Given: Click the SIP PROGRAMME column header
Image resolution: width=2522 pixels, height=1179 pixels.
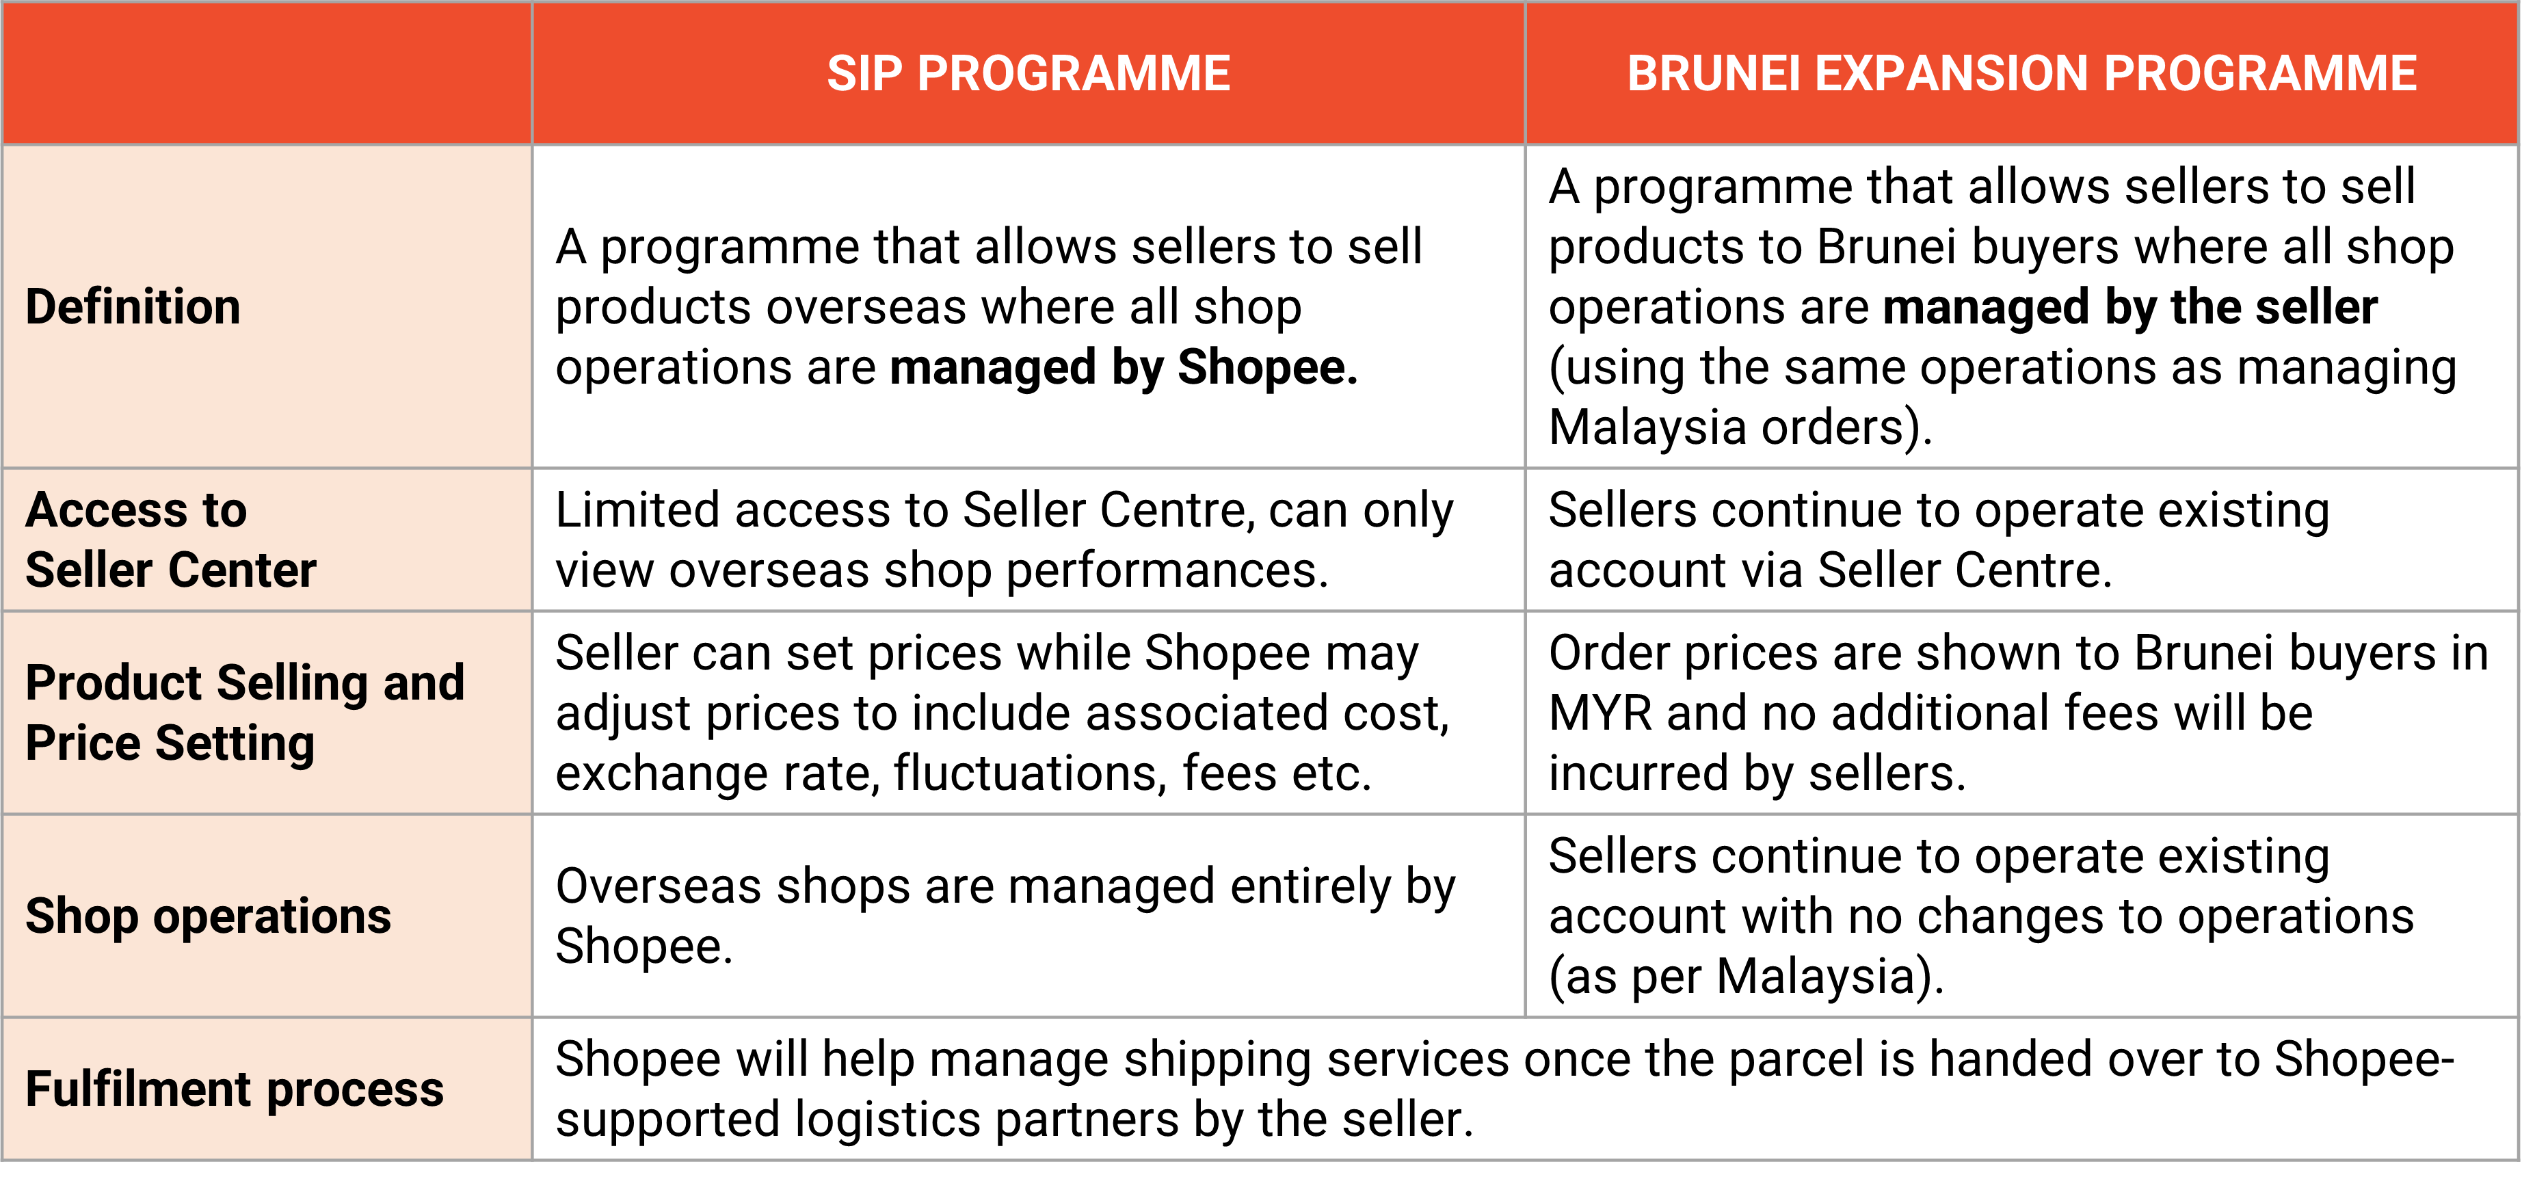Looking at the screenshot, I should click(1028, 73).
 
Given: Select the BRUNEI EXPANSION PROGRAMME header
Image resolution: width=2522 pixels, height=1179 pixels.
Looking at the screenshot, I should click(2021, 73).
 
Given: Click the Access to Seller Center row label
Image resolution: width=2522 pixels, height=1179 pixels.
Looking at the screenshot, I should click(172, 540).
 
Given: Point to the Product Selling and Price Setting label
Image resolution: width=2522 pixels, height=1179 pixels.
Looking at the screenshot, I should click(245, 712).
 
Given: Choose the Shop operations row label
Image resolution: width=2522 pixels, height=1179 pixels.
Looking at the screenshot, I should click(209, 916).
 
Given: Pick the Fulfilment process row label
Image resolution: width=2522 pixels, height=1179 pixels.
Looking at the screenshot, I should click(235, 1089).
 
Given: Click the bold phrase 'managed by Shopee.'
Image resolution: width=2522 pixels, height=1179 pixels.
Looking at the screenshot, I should click(1124, 367).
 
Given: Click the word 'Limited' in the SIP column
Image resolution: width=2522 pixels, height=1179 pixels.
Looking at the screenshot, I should click(637, 510).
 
